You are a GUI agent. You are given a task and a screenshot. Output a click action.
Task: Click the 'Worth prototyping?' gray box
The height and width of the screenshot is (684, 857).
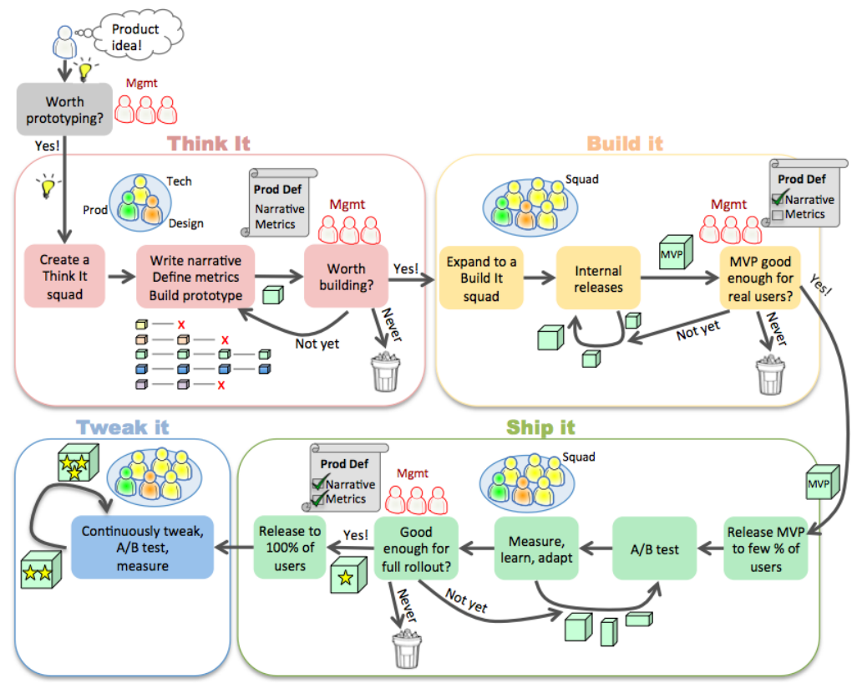click(x=64, y=110)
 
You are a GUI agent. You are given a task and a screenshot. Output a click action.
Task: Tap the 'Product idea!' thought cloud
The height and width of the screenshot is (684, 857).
click(x=138, y=36)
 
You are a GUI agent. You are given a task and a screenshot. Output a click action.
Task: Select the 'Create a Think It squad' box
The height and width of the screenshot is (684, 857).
click(x=64, y=276)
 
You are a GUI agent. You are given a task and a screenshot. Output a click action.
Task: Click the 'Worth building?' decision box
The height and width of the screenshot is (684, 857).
click(x=346, y=276)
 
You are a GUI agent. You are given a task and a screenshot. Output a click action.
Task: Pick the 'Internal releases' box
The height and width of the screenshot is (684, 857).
click(x=598, y=278)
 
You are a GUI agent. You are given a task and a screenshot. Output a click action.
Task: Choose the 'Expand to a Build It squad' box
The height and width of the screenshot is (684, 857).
click(x=481, y=278)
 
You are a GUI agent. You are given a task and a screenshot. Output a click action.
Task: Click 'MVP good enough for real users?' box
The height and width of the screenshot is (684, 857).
click(x=760, y=278)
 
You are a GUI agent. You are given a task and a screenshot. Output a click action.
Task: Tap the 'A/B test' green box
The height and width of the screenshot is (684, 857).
click(x=654, y=549)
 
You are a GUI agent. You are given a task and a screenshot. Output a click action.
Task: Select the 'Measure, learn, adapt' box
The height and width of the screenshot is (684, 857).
click(x=536, y=549)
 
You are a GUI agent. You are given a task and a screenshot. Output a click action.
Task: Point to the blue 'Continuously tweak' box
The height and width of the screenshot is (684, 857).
click(x=142, y=547)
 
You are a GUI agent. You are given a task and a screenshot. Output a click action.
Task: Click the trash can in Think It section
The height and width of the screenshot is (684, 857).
click(x=385, y=372)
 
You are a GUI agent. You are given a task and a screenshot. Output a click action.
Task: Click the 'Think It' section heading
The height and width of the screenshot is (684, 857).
click(x=209, y=143)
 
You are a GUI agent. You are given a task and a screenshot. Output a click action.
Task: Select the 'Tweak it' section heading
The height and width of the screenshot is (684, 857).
click(x=123, y=426)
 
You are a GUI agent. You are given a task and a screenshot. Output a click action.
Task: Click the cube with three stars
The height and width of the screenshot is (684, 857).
click(x=79, y=462)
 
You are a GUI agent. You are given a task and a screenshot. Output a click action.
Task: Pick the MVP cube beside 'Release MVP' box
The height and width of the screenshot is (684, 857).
click(x=823, y=482)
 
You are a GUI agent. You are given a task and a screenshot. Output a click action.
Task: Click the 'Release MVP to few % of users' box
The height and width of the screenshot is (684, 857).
click(x=765, y=549)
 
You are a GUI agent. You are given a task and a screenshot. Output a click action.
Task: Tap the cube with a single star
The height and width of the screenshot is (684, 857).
click(x=348, y=575)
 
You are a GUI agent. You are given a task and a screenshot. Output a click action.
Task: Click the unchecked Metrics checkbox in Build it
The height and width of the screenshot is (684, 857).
click(x=778, y=215)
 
